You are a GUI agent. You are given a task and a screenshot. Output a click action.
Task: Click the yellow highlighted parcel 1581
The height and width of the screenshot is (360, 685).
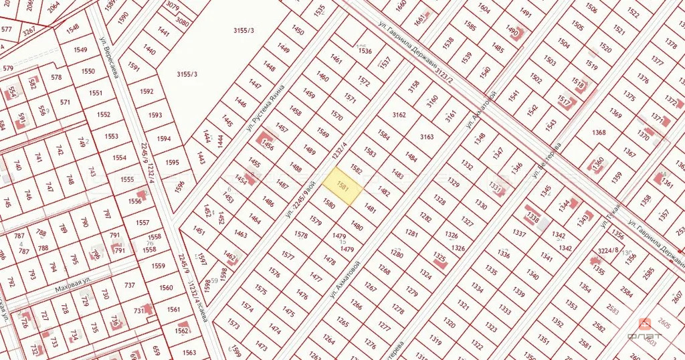342,182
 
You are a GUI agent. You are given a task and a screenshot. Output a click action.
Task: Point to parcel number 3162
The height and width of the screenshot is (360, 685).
399,114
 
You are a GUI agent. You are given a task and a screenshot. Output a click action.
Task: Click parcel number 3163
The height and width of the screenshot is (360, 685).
426,137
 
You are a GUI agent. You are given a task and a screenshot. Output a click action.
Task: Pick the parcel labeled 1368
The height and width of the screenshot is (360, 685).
598,132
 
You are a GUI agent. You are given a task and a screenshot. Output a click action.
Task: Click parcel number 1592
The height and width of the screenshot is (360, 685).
148,91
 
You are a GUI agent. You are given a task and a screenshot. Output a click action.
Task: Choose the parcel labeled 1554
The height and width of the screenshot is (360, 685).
119,157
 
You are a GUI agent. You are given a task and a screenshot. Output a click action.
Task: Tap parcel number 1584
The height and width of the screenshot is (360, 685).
383,134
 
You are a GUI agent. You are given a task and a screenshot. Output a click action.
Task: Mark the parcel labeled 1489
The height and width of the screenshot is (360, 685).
309,151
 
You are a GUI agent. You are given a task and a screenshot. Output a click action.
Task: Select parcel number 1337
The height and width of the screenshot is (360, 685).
518,233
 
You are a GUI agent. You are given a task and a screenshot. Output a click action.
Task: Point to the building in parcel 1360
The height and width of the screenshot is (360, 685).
596,163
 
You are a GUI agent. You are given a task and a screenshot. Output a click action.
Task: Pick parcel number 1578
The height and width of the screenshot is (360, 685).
301,235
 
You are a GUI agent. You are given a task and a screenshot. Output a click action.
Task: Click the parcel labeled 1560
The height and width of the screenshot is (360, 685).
165,288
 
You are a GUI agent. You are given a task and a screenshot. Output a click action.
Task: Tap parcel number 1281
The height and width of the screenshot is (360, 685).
411,233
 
